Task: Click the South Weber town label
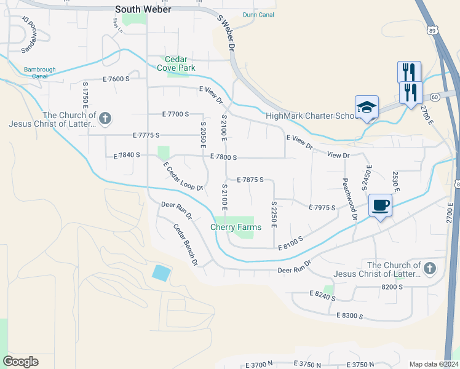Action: click(143, 9)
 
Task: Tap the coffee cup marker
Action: click(381, 205)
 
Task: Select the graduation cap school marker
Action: click(367, 107)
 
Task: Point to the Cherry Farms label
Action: click(236, 227)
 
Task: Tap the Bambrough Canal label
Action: click(36, 73)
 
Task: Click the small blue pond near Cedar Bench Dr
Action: click(161, 272)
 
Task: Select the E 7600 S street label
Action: click(116, 79)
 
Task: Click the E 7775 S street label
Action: click(146, 135)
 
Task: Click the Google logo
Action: click(20, 362)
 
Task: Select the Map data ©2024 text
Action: click(434, 364)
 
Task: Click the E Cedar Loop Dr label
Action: click(183, 176)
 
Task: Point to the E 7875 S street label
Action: click(250, 180)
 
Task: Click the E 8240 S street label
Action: click(322, 296)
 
